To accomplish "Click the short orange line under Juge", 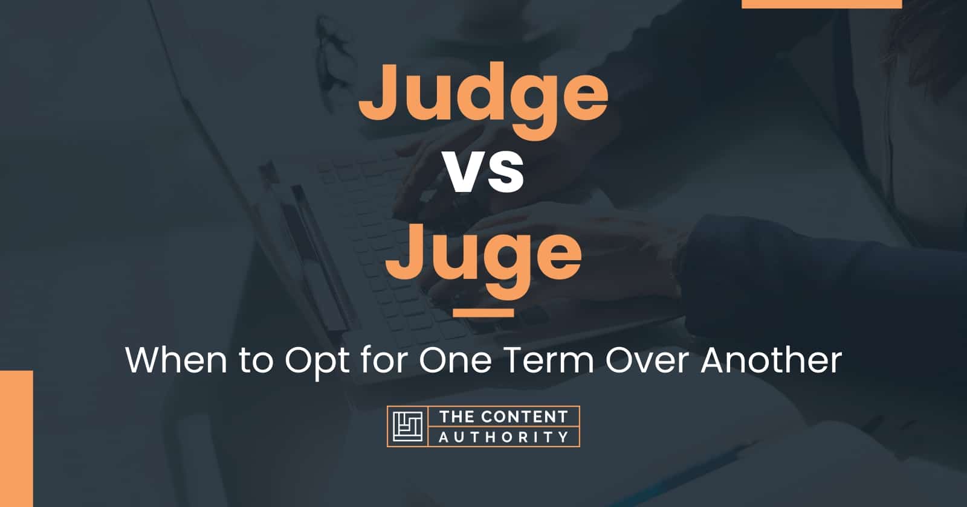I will pyautogui.click(x=483, y=313).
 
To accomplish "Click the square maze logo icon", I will pyautogui.click(x=407, y=426).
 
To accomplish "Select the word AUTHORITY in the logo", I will pyautogui.click(x=503, y=436).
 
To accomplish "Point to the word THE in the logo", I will pyautogui.click(x=454, y=417).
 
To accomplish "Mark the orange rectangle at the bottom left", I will pyautogui.click(x=16, y=438).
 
